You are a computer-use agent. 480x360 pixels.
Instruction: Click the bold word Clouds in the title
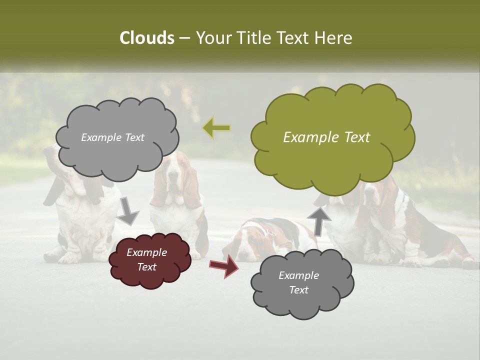(146, 38)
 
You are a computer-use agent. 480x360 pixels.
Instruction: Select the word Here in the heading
(334, 38)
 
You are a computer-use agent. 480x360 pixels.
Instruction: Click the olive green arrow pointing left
(216, 128)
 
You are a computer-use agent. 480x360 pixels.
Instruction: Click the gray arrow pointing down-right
(127, 210)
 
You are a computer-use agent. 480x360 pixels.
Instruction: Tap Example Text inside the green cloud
(326, 137)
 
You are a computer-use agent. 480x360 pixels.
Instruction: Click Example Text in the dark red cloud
(146, 259)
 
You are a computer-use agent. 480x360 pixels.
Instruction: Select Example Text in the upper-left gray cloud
(112, 137)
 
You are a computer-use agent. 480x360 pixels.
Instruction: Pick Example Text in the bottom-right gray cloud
(298, 282)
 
